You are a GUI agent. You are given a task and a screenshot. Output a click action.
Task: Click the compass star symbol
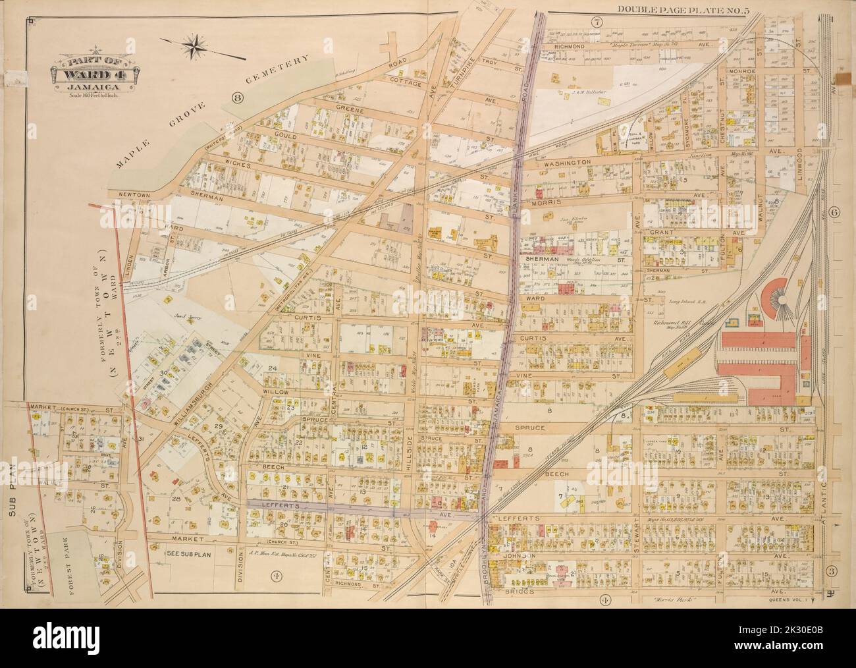pyautogui.click(x=196, y=45)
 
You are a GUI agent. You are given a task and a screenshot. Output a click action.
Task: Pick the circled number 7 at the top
pyautogui.click(x=596, y=22)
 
